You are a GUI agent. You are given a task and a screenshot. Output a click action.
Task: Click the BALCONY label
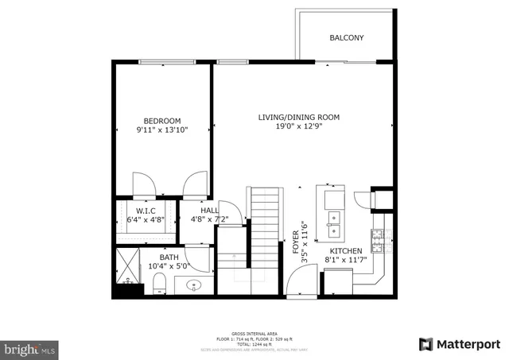pos(346,38)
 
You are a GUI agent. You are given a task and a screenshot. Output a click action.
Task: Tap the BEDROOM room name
pos(161,121)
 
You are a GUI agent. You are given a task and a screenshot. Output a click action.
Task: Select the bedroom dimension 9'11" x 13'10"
pos(161,130)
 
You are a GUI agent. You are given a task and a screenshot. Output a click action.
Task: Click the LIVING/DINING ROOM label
pos(298,118)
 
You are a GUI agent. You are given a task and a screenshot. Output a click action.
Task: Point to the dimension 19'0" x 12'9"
pos(298,126)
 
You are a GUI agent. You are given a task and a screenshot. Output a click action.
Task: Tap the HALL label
pos(199,211)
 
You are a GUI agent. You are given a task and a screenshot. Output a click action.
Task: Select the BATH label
pos(169,257)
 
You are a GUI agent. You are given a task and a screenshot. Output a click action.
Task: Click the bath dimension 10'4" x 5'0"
pos(169,266)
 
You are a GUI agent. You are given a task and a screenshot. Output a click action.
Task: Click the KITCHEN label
pos(346,250)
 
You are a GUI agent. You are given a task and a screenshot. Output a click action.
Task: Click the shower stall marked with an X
pos(126,262)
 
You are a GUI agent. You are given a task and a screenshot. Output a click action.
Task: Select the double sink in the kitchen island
pos(332,224)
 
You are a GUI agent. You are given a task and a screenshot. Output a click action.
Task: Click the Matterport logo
pos(459,344)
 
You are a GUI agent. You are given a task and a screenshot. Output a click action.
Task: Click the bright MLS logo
pos(30,348)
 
